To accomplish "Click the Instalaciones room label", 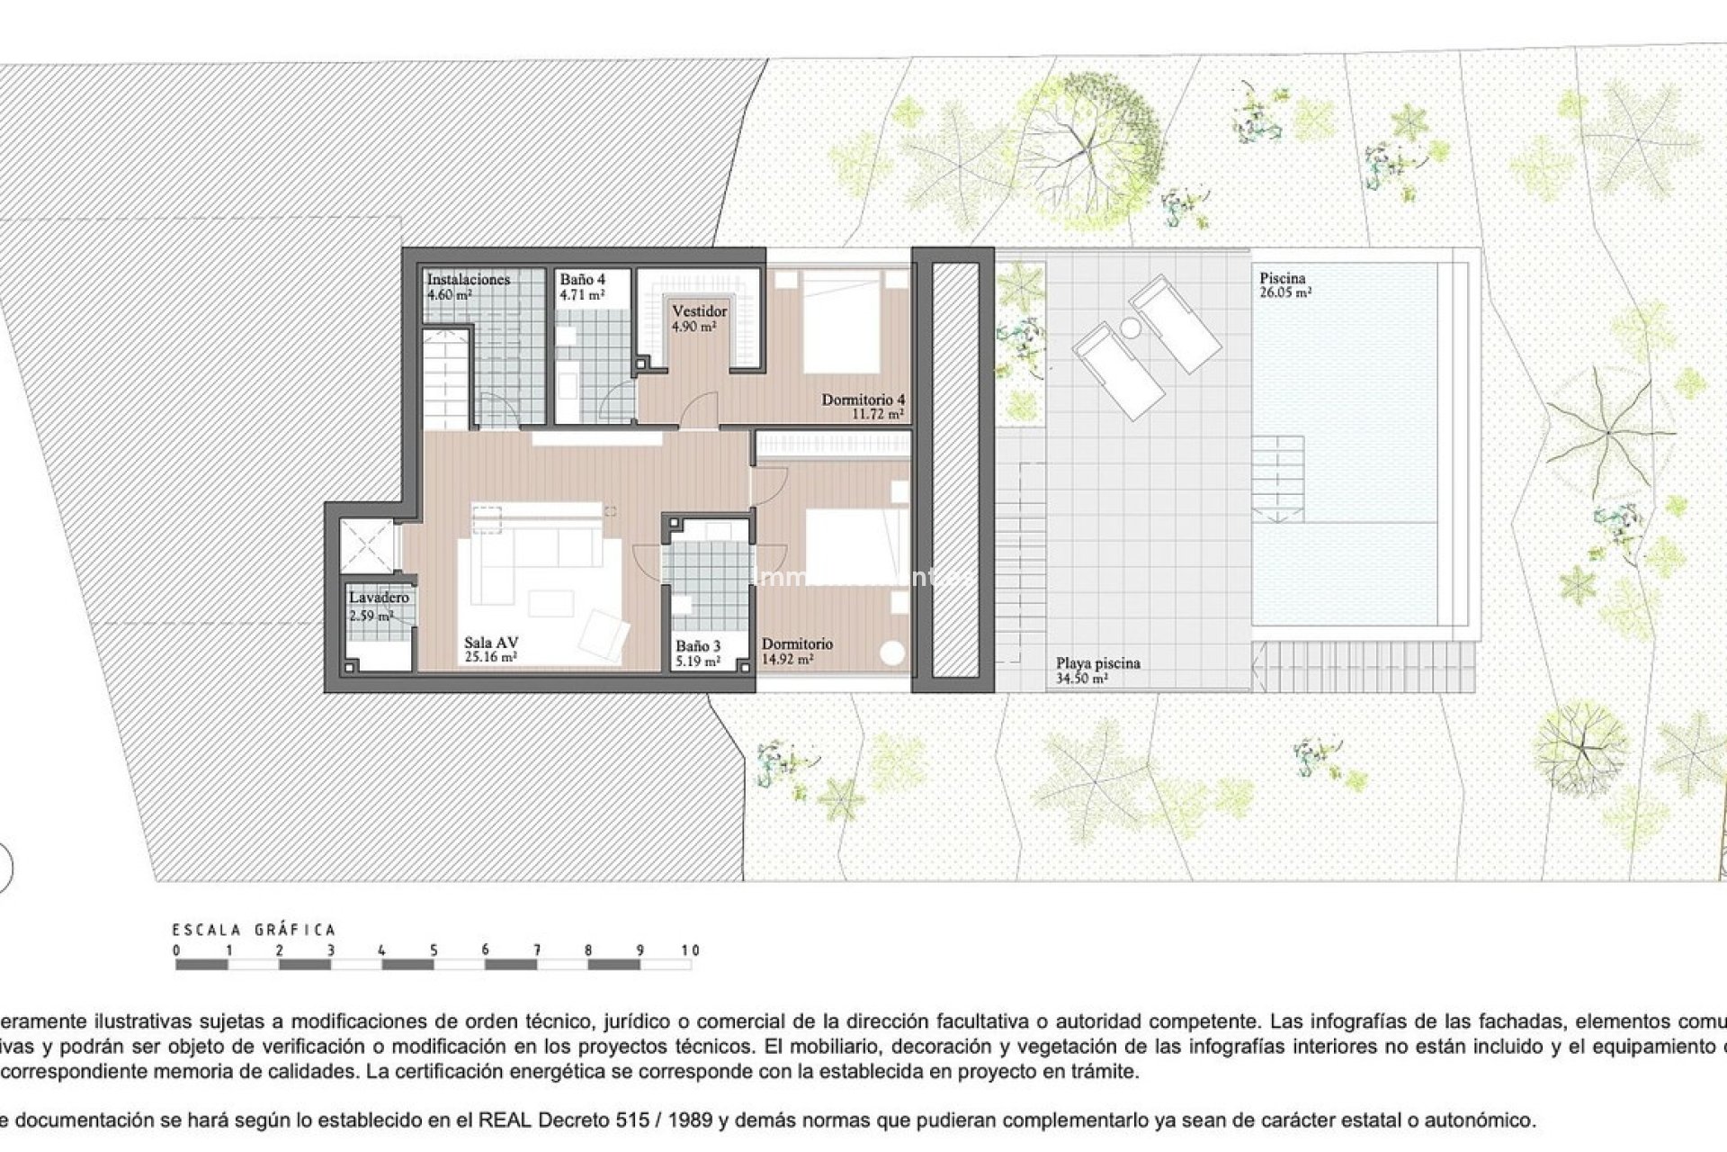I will click(468, 280).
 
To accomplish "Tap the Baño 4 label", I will click(582, 280).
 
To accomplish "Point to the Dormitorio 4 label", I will click(863, 400).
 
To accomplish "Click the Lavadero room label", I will click(379, 598).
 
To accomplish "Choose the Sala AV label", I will click(490, 643).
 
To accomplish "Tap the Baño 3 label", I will click(698, 645).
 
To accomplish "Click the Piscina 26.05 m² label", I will click(1284, 285).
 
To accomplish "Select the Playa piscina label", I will click(1097, 663).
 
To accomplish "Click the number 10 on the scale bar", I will click(690, 950).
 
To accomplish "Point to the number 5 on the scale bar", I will click(434, 950).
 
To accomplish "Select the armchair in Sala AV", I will click(603, 632).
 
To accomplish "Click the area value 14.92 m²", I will click(788, 659).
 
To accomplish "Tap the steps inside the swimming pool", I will click(1277, 476).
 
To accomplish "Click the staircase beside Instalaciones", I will click(447, 378).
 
